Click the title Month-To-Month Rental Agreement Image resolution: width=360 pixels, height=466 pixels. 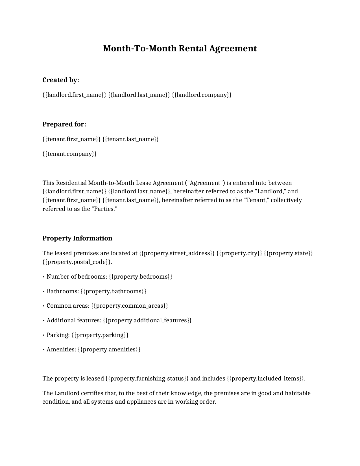pos(180,49)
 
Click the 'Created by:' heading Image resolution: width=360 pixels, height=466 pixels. pos(61,80)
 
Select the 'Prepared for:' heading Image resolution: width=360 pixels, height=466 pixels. pos(64,124)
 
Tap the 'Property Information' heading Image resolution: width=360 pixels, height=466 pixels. pos(77,238)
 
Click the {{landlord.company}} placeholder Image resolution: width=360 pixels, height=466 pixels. pos(202,95)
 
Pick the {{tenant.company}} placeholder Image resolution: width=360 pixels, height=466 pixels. pos(69,154)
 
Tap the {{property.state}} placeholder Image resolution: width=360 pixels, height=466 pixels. pos(288,253)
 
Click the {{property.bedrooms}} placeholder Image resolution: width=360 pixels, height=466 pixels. pos(140,277)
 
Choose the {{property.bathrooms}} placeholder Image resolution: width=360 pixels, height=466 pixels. pos(114,291)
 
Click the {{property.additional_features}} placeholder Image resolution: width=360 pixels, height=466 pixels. pos(147,320)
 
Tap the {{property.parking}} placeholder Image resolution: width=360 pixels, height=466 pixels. pos(100,335)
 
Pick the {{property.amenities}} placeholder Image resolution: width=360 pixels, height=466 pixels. pos(109,349)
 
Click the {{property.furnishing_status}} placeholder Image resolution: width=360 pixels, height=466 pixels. pos(147,379)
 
